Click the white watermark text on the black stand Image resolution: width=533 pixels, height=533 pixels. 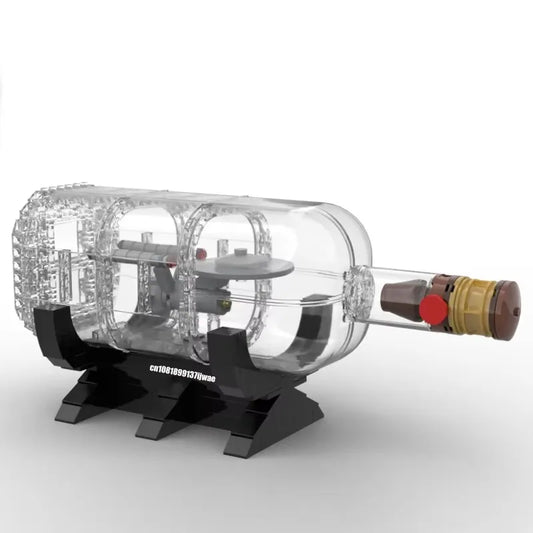click(183, 373)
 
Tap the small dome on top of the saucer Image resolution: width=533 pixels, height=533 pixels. click(241, 252)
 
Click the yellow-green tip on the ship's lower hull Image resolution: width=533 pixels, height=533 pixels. click(224, 301)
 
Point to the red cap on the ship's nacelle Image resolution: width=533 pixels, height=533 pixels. click(201, 253)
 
